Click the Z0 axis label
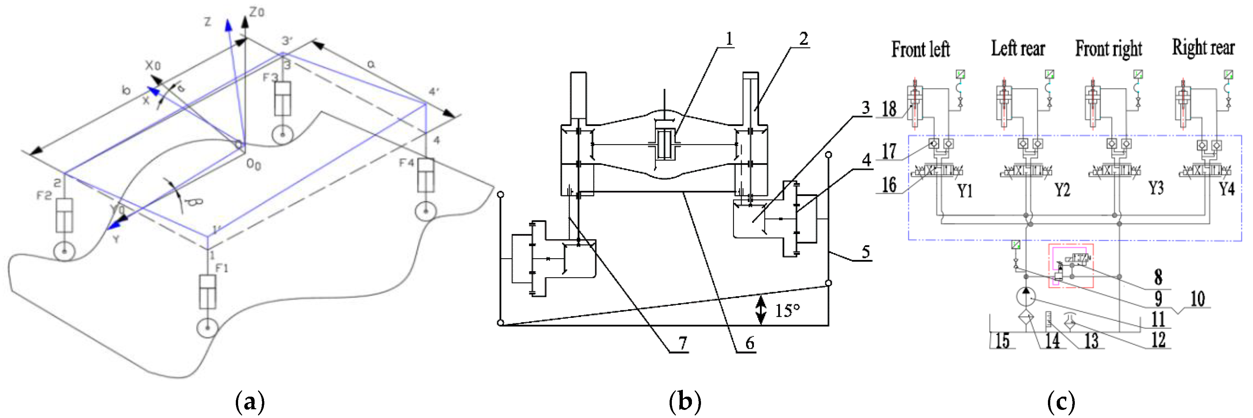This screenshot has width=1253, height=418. tap(257, 12)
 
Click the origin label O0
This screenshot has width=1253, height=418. tap(253, 165)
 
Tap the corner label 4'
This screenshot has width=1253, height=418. tap(434, 91)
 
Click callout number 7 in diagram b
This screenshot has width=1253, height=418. tap(683, 343)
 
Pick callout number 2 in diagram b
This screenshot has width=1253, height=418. tap(804, 39)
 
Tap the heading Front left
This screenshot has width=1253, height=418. tap(920, 49)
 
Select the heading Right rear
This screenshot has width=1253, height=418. tap(1203, 48)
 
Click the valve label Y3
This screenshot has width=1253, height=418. tap(1156, 188)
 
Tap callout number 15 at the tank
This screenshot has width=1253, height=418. tap(1002, 340)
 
